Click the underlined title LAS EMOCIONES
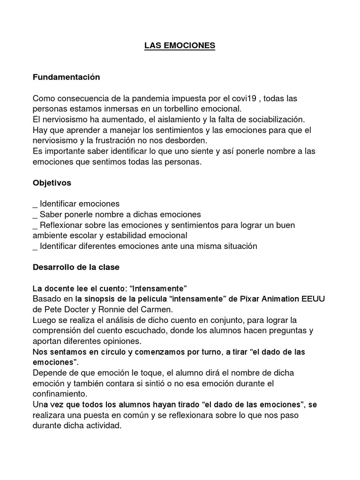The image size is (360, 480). point(180,45)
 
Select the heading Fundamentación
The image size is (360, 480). point(66,77)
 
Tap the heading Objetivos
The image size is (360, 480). point(52,183)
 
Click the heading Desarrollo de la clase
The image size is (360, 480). point(76,267)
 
